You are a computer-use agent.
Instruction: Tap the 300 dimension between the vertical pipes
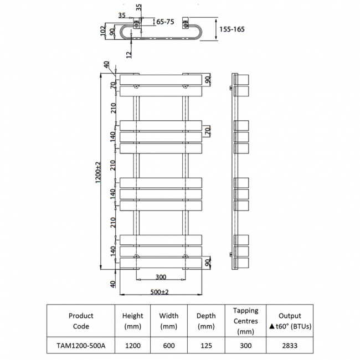click(x=160, y=276)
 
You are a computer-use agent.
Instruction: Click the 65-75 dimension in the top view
click(x=165, y=22)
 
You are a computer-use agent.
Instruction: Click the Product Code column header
click(x=81, y=321)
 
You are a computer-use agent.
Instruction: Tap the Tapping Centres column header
click(x=245, y=321)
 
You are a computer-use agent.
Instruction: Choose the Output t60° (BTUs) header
click(x=290, y=321)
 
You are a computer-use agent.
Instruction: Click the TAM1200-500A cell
click(x=81, y=345)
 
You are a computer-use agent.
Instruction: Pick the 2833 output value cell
click(x=290, y=345)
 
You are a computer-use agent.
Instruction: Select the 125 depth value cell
click(x=206, y=345)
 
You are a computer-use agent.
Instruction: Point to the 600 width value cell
click(x=169, y=345)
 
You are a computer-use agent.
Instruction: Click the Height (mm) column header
click(x=132, y=321)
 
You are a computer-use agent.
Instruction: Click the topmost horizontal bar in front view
click(x=160, y=79)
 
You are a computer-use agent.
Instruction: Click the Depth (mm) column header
click(x=206, y=321)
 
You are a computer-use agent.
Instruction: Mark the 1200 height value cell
click(x=132, y=345)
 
